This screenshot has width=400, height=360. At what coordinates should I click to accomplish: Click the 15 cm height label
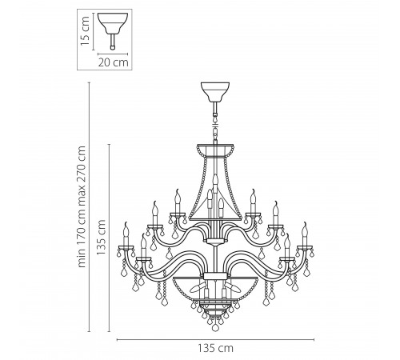click(x=85, y=30)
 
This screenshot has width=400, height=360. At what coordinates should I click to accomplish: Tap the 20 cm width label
click(x=113, y=62)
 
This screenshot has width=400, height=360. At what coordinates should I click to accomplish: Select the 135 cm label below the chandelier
click(x=215, y=348)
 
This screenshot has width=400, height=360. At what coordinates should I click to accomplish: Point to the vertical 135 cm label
click(x=101, y=237)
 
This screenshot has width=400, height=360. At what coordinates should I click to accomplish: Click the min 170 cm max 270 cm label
click(x=82, y=206)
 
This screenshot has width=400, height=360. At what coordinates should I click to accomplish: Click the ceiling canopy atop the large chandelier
click(x=215, y=92)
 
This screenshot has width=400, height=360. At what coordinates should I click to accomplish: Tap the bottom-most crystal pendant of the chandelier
click(x=215, y=327)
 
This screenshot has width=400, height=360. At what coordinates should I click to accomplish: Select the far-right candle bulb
click(x=304, y=234)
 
